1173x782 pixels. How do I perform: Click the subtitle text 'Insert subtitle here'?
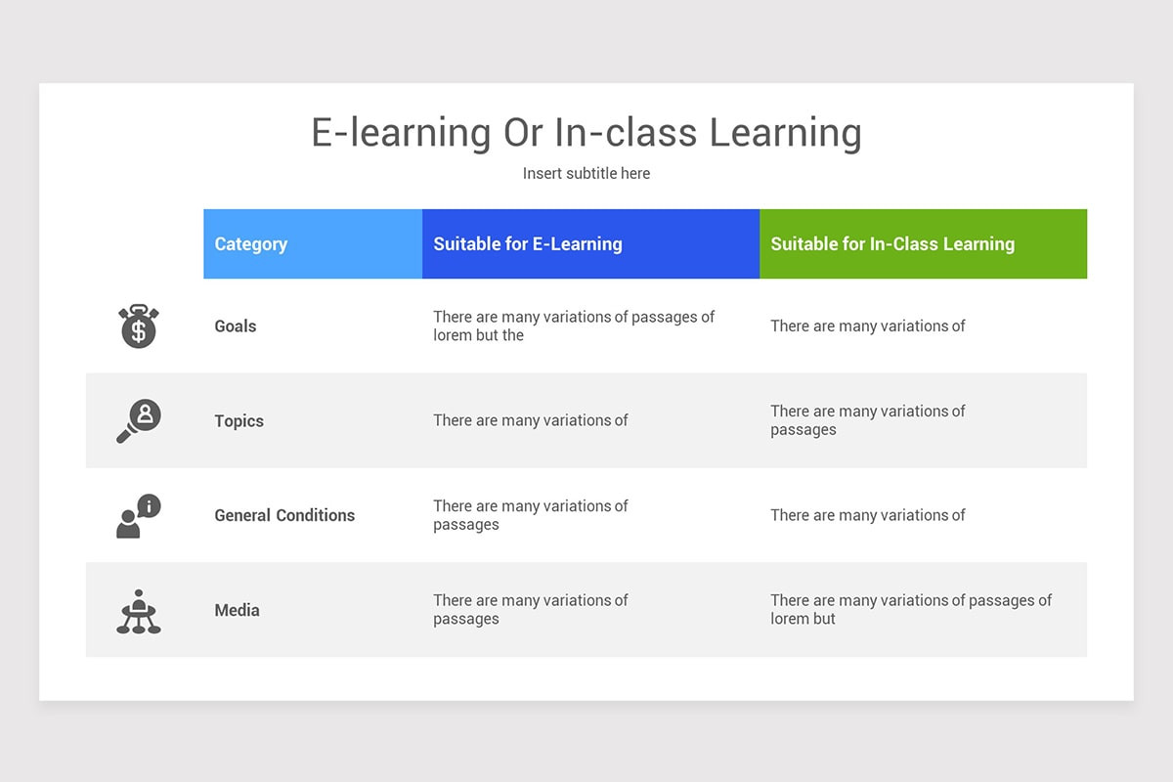[x=586, y=173]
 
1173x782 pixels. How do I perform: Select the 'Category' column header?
[x=251, y=244]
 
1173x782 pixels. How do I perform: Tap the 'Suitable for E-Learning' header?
[x=528, y=244]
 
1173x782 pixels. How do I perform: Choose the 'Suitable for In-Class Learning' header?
[x=892, y=244]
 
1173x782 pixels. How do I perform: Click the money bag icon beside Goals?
[x=138, y=326]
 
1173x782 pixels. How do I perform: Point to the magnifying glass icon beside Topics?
[x=138, y=421]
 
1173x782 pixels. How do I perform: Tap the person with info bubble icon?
[x=138, y=516]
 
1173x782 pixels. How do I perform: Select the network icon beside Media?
[x=138, y=611]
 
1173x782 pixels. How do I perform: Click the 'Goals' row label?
[x=236, y=326]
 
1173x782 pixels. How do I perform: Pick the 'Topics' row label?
[x=239, y=421]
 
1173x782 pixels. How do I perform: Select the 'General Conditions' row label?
[x=284, y=515]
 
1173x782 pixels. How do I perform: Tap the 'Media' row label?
[x=238, y=610]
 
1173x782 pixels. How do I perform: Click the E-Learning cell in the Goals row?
[x=574, y=326]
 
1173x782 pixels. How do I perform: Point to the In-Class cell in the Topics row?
[x=867, y=420]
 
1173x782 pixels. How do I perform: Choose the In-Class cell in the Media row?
[x=910, y=609]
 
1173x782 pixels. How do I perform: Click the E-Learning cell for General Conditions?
[x=531, y=515]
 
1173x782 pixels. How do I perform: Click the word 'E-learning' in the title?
[x=401, y=133]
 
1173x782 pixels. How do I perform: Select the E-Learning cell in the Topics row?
[x=531, y=420]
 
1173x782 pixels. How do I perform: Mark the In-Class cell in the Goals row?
[x=867, y=326]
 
